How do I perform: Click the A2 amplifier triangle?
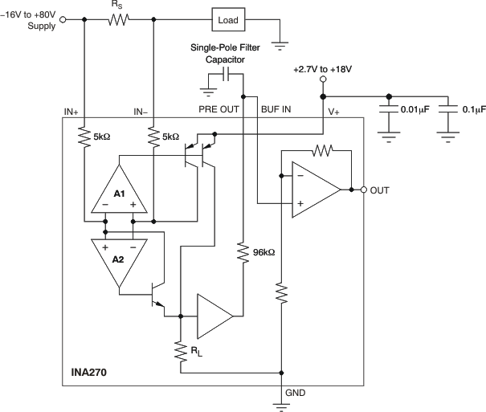point(119,259)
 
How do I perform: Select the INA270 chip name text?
point(92,373)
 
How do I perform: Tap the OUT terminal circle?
point(363,190)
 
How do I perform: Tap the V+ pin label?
point(334,113)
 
